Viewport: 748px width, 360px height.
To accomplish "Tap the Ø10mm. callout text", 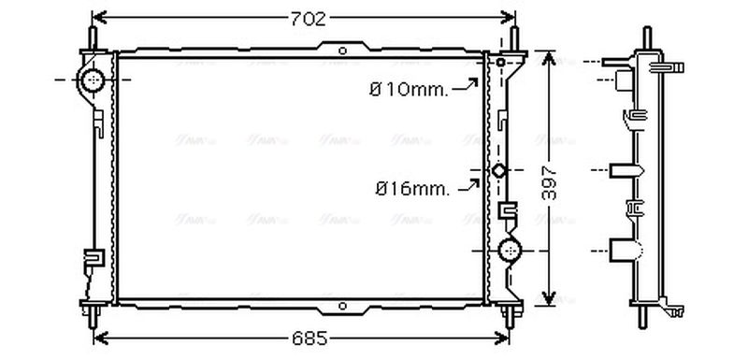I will coord(409,90).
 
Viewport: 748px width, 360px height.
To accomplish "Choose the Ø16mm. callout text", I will coord(412,189).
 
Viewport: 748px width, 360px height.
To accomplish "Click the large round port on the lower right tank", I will coord(511,250).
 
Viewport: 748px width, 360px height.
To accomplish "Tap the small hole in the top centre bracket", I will coord(342,50).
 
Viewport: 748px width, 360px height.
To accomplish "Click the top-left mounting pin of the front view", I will coord(93,38).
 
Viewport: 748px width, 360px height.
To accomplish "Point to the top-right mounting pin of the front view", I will coord(513,39).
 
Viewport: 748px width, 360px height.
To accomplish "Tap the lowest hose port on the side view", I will coord(626,251).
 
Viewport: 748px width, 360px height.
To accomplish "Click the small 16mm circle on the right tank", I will coord(499,171).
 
